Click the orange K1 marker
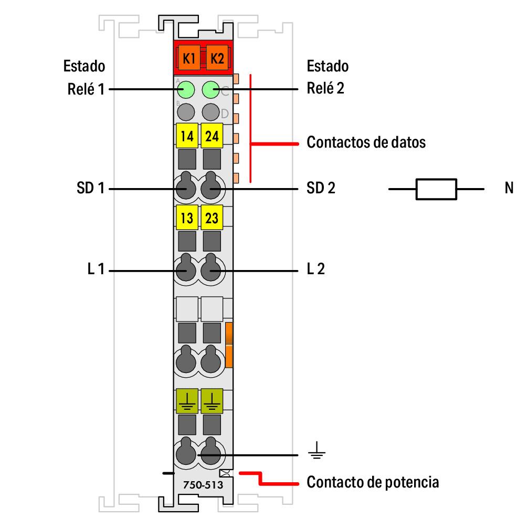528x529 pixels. click(x=189, y=59)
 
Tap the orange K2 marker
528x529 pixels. click(x=216, y=59)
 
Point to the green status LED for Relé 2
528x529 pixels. click(x=210, y=89)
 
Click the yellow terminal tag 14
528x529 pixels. click(x=186, y=137)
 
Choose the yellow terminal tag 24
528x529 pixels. click(x=212, y=137)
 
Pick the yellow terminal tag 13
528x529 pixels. click(x=186, y=217)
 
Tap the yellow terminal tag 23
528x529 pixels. click(x=212, y=217)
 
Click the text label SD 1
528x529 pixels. click(x=91, y=188)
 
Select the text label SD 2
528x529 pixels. click(x=321, y=188)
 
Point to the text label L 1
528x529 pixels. click(x=96, y=270)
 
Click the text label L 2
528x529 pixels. click(x=316, y=270)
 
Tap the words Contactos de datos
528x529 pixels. click(x=366, y=142)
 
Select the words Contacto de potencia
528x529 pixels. click(x=373, y=482)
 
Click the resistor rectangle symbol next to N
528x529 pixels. click(x=436, y=189)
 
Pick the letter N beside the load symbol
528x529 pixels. click(x=509, y=188)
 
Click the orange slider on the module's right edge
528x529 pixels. click(x=229, y=345)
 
